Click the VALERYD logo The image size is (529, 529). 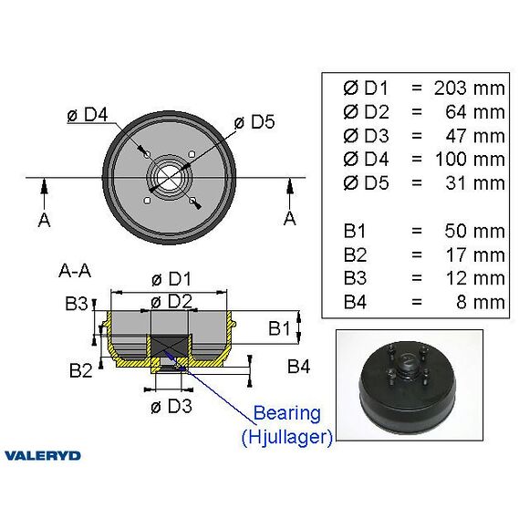coord(43,456)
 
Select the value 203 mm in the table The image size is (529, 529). coord(470,88)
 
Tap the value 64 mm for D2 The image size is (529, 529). coord(475,112)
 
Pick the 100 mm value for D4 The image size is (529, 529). coord(470,160)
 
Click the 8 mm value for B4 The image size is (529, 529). coord(481,302)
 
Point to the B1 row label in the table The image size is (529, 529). coord(355,232)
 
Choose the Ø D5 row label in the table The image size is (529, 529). coord(366,182)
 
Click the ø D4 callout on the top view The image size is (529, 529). coord(88,115)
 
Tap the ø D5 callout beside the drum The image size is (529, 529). coord(254,122)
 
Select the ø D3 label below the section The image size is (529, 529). coord(171,406)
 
